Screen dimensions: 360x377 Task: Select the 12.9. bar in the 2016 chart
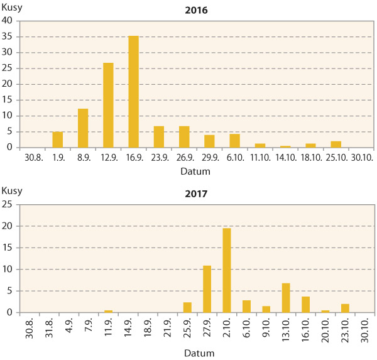(108, 105)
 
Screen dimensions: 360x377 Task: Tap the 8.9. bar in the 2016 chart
(83, 128)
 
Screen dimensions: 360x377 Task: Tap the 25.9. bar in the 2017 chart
(187, 307)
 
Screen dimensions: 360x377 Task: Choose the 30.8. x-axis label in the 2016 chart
(32, 157)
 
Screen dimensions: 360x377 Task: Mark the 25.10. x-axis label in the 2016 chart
(336, 157)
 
